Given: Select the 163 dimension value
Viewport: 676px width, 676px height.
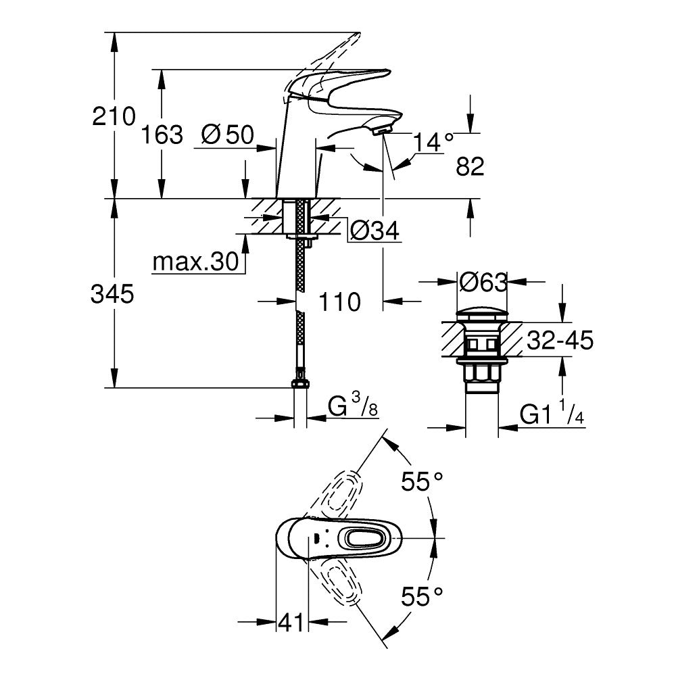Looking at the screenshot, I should pyautogui.click(x=162, y=135).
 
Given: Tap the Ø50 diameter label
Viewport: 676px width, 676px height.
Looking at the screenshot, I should pyautogui.click(x=227, y=135).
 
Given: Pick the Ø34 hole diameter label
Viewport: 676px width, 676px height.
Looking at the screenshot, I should pyautogui.click(x=372, y=232).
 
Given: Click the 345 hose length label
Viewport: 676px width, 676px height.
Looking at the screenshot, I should pyautogui.click(x=114, y=294).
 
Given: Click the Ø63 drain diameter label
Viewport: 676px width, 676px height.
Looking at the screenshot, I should pyautogui.click(x=482, y=282).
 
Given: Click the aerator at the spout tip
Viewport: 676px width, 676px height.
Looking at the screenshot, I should pyautogui.click(x=383, y=128).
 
